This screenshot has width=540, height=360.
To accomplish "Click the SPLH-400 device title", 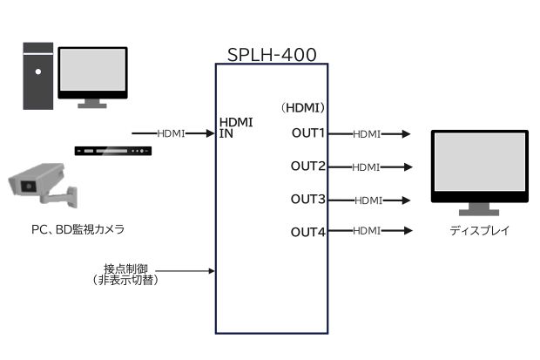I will pos(271,54).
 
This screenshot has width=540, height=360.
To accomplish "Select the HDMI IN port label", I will pos(236,127).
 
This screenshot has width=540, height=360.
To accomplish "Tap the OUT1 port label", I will pos(307,133).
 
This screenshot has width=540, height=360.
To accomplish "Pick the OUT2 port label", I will pos(307,166).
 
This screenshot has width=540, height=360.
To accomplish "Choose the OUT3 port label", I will pos(307,200).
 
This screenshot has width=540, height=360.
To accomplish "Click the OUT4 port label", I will pos(307,231).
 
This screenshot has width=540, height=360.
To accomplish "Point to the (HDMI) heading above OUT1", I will pos(302,108).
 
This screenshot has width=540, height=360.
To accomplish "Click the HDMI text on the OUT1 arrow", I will pos(367,134).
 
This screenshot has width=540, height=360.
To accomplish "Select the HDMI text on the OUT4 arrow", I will pos(367,231).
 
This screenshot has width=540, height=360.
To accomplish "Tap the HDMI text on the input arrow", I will pos(171,133).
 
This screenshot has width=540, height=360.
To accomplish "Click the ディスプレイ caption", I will pos(479,231).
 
